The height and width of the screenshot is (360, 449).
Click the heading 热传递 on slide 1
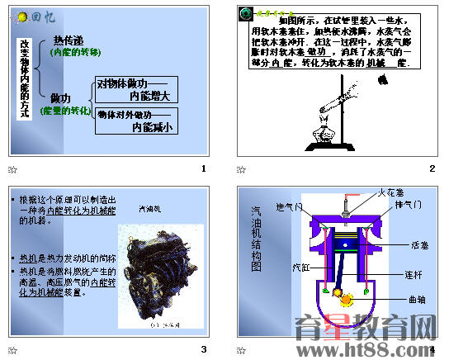pyautogui.click(x=68, y=40)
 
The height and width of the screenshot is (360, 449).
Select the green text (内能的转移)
pyautogui.click(x=75, y=52)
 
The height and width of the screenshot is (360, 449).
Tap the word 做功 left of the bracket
pyautogui.click(x=60, y=98)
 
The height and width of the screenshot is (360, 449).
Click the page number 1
pyautogui.click(x=203, y=169)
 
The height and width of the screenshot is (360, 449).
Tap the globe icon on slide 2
pyautogui.click(x=245, y=14)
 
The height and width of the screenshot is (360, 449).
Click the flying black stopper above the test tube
pyautogui.click(x=382, y=81)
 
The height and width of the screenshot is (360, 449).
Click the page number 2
pyautogui.click(x=431, y=169)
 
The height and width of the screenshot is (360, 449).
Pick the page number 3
pyautogui.click(x=203, y=349)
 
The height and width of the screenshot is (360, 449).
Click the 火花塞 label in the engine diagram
pyautogui.click(x=392, y=192)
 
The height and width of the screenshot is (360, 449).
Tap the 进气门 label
pyautogui.click(x=290, y=206)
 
